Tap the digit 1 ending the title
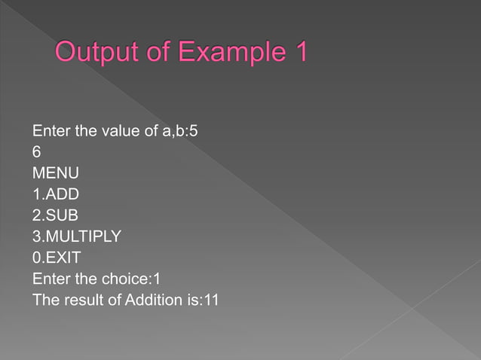tap(299, 54)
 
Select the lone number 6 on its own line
tap(37, 153)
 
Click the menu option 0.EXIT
tap(57, 258)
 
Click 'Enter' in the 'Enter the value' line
tap(51, 132)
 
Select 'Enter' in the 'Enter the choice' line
tap(51, 279)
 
